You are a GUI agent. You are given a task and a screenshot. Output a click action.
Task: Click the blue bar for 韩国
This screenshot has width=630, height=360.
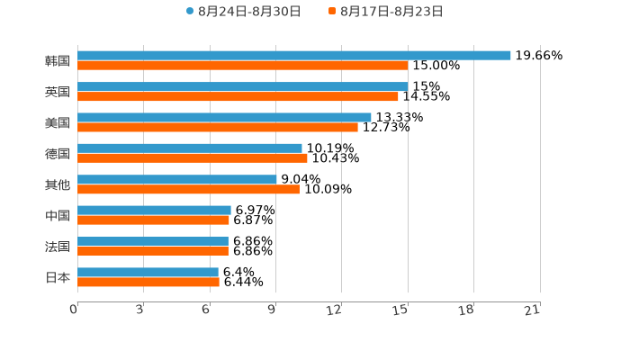click(294, 56)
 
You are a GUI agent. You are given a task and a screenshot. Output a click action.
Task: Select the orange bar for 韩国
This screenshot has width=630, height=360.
click(243, 66)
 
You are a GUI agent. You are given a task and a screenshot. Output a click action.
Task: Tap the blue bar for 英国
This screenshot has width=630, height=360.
click(243, 86)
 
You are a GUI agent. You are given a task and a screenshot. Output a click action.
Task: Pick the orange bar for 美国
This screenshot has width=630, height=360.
click(218, 127)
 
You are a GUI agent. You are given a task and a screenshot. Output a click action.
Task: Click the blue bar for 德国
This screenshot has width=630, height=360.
click(190, 148)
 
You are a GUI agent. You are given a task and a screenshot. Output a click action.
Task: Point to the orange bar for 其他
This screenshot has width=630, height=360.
click(189, 189)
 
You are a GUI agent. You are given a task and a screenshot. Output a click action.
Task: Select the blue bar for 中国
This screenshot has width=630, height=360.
click(154, 211)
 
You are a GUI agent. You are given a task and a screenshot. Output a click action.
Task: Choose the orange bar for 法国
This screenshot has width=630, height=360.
click(153, 251)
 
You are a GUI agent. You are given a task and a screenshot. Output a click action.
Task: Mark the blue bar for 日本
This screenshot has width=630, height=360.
click(148, 272)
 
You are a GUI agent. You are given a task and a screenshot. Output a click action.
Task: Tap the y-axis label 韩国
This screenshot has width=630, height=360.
click(58, 61)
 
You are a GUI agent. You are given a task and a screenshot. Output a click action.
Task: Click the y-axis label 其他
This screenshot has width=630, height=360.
click(58, 184)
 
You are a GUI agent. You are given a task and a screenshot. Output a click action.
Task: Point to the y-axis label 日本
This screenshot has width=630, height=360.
click(58, 277)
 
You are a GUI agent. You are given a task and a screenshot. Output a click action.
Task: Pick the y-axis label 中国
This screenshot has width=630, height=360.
click(58, 216)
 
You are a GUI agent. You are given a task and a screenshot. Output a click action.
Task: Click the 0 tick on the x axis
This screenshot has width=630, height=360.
click(75, 310)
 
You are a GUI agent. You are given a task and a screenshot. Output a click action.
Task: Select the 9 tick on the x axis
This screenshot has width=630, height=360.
click(273, 310)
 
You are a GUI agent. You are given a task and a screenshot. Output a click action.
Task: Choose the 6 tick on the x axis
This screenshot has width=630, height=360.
click(207, 310)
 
